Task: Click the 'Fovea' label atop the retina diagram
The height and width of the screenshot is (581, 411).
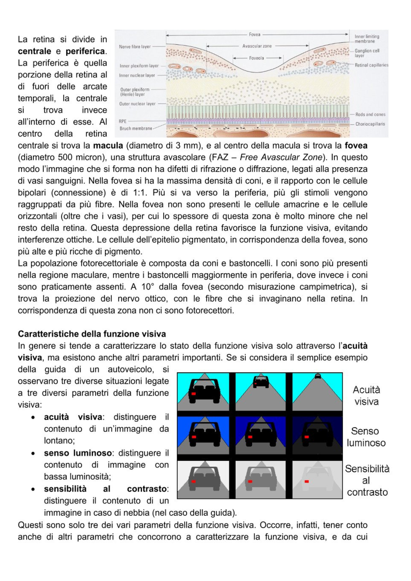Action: (x=255, y=35)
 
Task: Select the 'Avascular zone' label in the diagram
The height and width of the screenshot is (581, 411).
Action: (x=257, y=46)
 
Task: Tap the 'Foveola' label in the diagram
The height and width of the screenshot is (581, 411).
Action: (x=256, y=58)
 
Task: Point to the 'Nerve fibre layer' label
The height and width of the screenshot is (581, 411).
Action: (x=135, y=46)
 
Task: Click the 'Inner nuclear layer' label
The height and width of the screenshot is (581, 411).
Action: (x=137, y=75)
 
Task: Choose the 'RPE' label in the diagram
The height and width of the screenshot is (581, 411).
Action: (x=123, y=121)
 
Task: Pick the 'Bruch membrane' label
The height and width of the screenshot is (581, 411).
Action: (x=136, y=128)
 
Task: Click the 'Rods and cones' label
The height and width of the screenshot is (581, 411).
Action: (x=370, y=114)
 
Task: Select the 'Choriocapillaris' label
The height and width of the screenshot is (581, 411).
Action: (x=370, y=124)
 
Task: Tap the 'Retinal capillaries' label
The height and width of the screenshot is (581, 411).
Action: (x=371, y=65)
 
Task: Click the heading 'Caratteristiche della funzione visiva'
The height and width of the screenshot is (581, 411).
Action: (x=92, y=334)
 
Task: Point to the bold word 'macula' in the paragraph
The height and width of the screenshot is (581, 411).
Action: (x=108, y=146)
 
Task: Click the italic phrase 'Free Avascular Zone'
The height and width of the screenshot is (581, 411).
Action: (x=281, y=157)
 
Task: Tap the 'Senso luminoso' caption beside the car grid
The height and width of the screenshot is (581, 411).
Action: (x=366, y=437)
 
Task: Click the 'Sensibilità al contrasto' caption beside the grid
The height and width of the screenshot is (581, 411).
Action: (x=367, y=480)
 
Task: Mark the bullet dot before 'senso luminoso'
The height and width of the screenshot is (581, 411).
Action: (x=33, y=453)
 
